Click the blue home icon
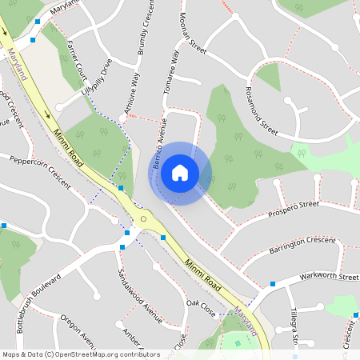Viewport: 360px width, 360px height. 180,172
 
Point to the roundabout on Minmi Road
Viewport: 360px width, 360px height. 144,218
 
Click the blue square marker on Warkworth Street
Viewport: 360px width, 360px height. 273,283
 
